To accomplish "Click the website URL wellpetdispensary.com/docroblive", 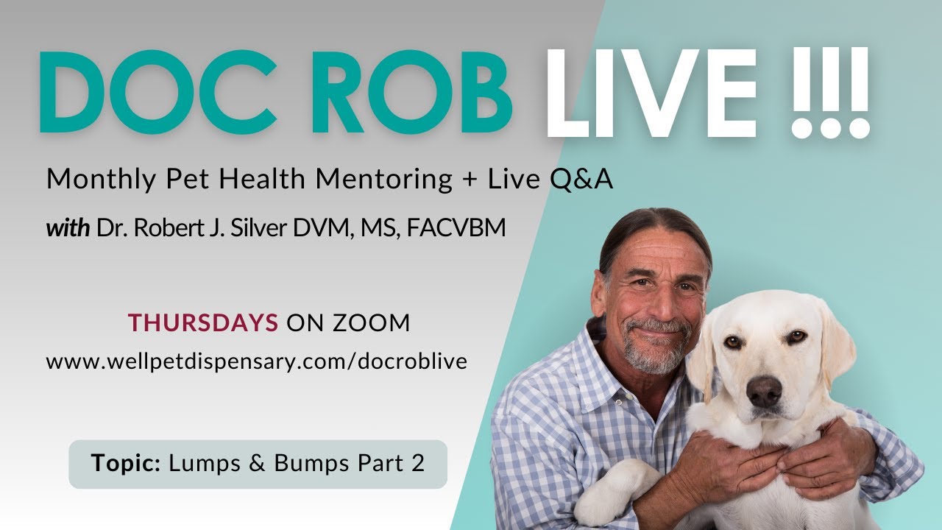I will click(x=256, y=361).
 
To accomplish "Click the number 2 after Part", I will click(x=418, y=463).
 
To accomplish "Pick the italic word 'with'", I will click(x=68, y=227).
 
